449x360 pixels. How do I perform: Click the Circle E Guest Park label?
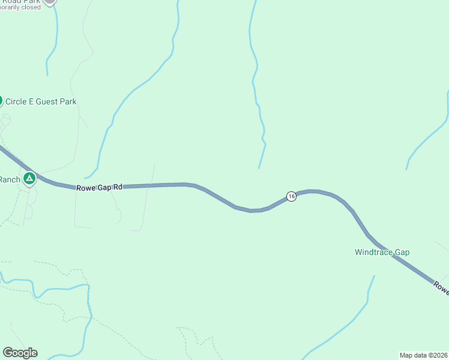pos(41,102)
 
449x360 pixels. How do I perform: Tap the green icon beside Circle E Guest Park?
pos(1,101)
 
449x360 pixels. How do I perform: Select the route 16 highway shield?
pos(291,196)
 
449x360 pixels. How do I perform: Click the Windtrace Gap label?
pos(382,252)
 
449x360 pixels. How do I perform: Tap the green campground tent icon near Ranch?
pos(29,178)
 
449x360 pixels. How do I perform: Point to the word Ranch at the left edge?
pos(10,179)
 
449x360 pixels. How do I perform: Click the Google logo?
pos(20,353)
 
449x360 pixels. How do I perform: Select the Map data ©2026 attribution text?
pos(424,355)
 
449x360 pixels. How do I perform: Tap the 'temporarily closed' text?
pos(20,7)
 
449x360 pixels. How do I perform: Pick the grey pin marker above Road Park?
pos(50,1)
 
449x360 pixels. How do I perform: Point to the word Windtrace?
pos(373,252)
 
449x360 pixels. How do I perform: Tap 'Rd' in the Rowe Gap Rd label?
pos(118,187)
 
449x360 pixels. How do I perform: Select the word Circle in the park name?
pos(16,102)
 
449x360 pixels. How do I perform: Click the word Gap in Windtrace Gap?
pos(402,252)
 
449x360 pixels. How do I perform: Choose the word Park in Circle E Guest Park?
pos(68,102)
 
